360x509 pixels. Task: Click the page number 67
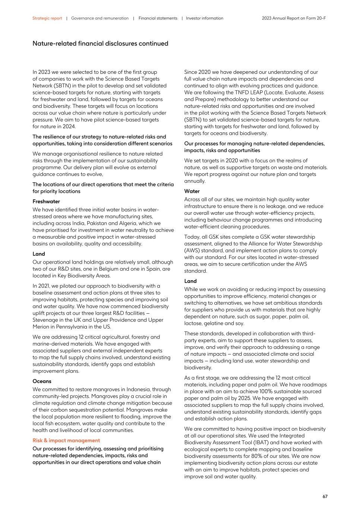click(325, 496)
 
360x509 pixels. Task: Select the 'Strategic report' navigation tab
click(47, 18)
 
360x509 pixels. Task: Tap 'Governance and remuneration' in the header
click(100, 18)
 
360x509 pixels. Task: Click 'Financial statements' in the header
click(158, 18)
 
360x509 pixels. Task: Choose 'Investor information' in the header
click(205, 18)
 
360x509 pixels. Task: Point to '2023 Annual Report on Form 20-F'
click(294, 18)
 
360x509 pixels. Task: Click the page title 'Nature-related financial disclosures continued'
click(100, 44)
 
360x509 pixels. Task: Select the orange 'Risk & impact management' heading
click(66, 440)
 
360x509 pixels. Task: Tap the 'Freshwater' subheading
click(46, 201)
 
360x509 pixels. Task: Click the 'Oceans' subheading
click(42, 381)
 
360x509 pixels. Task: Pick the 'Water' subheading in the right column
click(192, 191)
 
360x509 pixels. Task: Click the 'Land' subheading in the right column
click(190, 281)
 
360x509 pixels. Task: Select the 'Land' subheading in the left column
click(38, 254)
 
